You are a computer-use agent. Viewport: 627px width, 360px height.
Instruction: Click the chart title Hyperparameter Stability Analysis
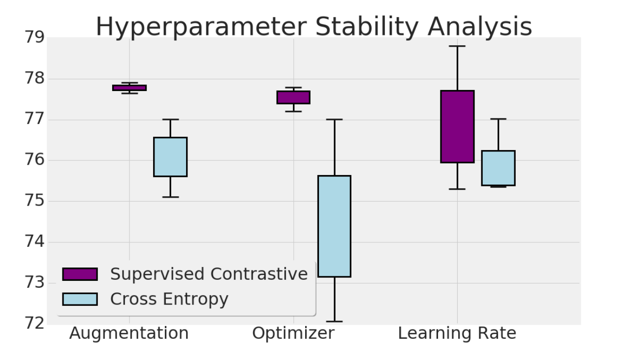(x=313, y=27)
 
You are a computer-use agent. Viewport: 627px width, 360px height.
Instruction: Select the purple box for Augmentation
(x=129, y=88)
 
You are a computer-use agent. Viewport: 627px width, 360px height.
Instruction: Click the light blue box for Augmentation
(x=170, y=156)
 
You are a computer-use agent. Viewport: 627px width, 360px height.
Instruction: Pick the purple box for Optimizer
(x=293, y=97)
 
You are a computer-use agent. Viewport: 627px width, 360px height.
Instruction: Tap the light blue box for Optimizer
(x=334, y=226)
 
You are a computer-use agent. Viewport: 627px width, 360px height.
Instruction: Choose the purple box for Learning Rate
(x=457, y=126)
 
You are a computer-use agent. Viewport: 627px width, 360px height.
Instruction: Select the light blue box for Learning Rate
(x=498, y=168)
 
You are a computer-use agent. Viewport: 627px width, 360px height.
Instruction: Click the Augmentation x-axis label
(x=129, y=333)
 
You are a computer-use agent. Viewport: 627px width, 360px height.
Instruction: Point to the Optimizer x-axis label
(x=293, y=333)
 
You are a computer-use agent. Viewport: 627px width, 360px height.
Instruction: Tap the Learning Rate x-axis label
(x=457, y=333)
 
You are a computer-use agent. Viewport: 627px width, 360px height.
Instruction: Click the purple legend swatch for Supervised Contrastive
(x=80, y=274)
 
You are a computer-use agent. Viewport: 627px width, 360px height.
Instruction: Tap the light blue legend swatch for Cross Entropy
(x=80, y=299)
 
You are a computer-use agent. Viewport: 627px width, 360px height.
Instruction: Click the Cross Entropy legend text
(x=169, y=299)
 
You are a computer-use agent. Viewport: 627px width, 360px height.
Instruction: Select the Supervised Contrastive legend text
(x=209, y=274)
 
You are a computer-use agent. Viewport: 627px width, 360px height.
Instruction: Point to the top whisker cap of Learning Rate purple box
(x=457, y=46)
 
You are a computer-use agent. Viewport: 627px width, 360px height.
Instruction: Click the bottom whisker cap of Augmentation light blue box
(x=170, y=197)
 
